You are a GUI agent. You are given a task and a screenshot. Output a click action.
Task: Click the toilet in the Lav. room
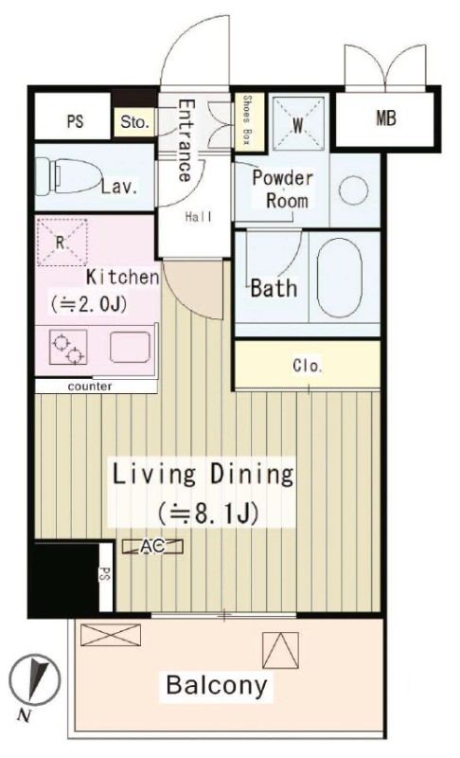point(67,176)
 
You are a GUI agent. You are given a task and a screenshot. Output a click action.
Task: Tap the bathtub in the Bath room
point(340,278)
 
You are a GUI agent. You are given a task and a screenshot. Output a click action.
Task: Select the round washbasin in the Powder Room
point(353,190)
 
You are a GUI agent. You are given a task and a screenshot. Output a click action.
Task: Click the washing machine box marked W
point(298,124)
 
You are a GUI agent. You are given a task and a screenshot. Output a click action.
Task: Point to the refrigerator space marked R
point(62,242)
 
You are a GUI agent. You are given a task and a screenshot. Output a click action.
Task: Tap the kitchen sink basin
point(130,347)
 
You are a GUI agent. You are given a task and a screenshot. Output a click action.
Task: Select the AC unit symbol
point(152,547)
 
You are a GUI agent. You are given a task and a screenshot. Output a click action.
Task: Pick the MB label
point(385,117)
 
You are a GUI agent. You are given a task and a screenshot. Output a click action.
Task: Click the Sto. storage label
point(133,122)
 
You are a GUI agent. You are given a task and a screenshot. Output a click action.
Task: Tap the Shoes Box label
point(247,120)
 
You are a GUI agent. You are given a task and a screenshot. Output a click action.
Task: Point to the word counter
point(90,387)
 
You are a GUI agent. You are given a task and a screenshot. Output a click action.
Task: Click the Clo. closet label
point(307,366)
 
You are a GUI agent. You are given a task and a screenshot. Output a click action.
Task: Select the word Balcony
point(216,685)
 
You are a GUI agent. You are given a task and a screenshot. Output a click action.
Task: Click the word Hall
point(199,217)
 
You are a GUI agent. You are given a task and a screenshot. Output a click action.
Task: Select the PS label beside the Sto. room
point(75,121)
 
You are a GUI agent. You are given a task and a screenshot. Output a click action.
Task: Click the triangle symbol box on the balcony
point(280,650)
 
